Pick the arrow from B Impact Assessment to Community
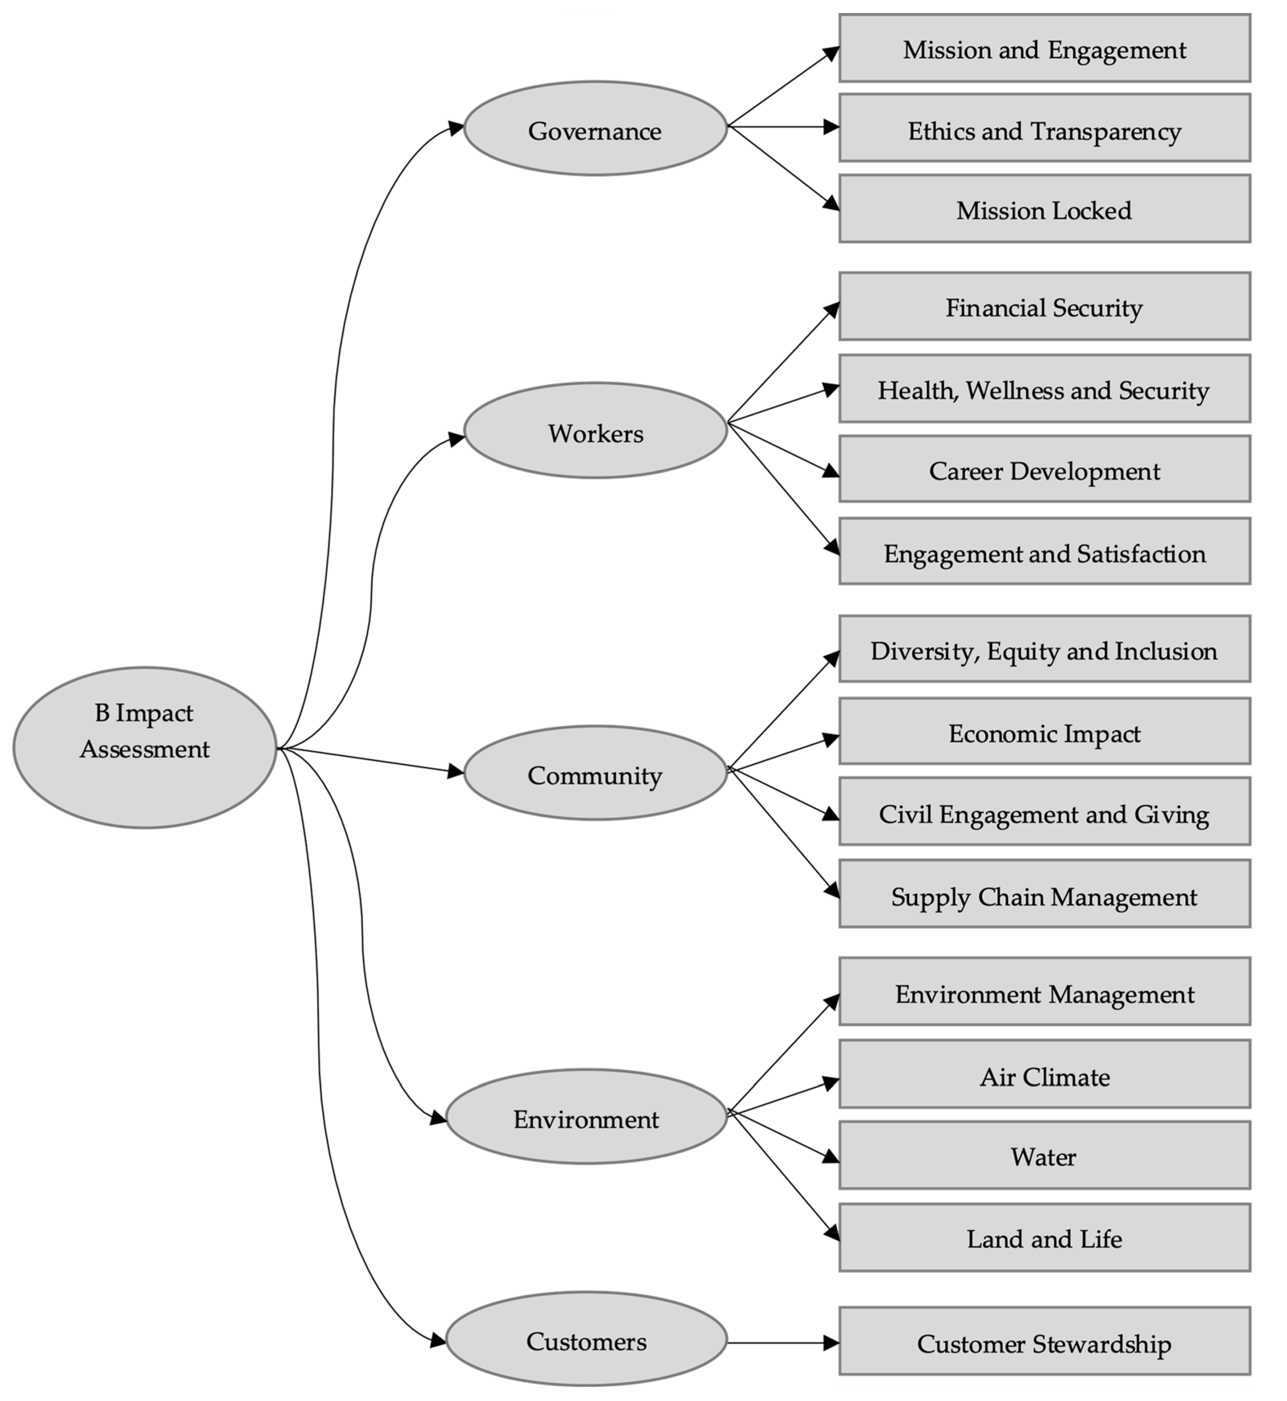click(x=369, y=760)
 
